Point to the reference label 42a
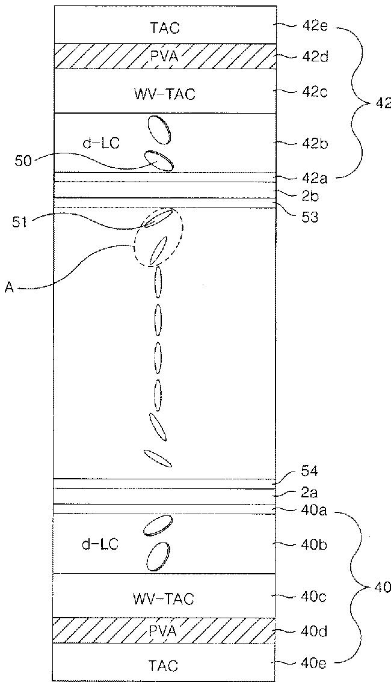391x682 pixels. coord(313,179)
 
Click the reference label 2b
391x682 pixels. coord(310,197)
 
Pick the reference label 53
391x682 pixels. coord(310,216)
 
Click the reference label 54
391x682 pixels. coord(310,471)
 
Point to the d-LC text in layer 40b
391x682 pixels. coord(100,544)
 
